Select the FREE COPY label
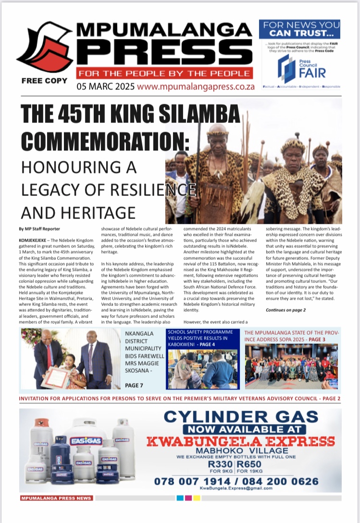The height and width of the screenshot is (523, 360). [44, 81]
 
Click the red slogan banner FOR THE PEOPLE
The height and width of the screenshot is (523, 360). [165, 73]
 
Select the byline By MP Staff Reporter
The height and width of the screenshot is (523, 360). [39, 229]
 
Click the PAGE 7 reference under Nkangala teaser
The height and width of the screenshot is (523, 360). [134, 385]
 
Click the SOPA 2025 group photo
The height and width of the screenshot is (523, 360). [291, 366]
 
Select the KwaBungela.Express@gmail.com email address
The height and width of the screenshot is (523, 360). [236, 488]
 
